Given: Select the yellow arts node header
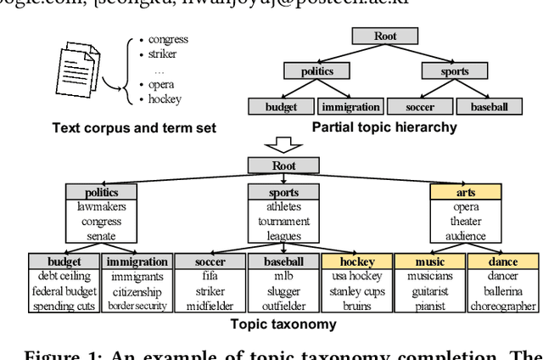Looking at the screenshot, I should point(466,193).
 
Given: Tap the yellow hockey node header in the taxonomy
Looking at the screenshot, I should point(355,262).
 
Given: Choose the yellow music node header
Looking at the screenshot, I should point(429,262).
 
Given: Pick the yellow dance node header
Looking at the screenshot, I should point(503,262).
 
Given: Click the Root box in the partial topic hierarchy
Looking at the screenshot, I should point(372,36).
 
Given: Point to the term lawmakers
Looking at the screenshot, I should point(101,207).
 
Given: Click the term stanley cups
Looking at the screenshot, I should point(355,290).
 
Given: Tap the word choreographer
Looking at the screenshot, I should point(503,306).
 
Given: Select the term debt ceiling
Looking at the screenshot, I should point(64,276).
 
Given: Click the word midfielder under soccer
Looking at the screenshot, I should point(210,306).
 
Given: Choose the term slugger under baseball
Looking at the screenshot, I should point(283,290).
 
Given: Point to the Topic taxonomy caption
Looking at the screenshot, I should point(271,323).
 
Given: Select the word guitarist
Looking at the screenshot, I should point(429,290).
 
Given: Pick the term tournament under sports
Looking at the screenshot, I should point(284,222).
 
